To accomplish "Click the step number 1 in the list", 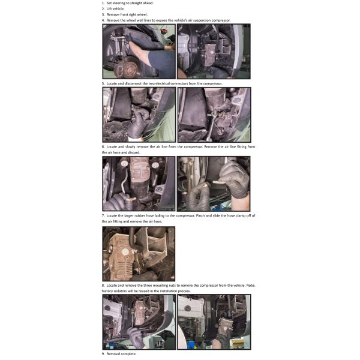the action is pos(103,3).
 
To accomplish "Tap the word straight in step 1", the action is pos(136,3).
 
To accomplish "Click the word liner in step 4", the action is pos(148,20).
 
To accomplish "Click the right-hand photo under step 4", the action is pos(214,52).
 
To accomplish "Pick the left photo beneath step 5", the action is pos(139,115).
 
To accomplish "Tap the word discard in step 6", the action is pos(134,152).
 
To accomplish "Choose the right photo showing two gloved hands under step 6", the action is pos(214,184).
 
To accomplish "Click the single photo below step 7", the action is pos(139,254).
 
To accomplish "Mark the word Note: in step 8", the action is pos(250,286).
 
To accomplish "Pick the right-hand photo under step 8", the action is pos(214,322).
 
